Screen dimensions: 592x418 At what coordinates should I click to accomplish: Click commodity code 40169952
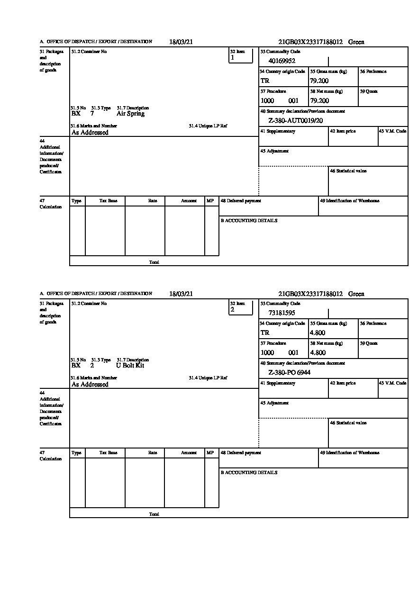[x=282, y=61]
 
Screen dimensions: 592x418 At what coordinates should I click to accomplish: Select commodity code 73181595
[x=282, y=313]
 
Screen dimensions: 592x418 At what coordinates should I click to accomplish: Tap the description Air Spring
[x=130, y=114]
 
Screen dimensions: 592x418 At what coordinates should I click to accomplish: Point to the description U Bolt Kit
[x=130, y=366]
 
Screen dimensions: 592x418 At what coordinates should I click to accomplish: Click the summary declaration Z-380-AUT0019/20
[x=296, y=120]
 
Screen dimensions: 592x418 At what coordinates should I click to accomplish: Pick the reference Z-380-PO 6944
[x=289, y=372]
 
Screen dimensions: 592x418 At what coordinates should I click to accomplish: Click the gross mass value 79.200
[x=319, y=81]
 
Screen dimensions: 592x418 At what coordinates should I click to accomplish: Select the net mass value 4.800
[x=318, y=352]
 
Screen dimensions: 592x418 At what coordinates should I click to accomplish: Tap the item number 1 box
[x=241, y=56]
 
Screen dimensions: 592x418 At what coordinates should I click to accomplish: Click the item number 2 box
[x=241, y=308]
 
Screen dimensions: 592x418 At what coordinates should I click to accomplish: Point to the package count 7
[x=92, y=114]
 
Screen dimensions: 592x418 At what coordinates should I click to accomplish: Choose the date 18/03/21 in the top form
[x=181, y=42]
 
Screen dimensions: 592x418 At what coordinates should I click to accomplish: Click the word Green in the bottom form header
[x=356, y=294]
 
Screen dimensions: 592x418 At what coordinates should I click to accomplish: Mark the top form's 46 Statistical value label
[x=348, y=171]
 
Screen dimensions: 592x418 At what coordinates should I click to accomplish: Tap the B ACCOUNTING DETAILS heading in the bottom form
[x=249, y=473]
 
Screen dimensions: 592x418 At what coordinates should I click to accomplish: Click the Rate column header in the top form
[x=153, y=201]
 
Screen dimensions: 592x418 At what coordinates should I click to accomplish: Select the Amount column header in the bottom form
[x=189, y=453]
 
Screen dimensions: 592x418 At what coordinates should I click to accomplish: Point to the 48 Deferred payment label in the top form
[x=241, y=201]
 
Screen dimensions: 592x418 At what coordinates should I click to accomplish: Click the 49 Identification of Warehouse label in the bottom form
[x=350, y=453]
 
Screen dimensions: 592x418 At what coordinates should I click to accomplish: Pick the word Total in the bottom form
[x=154, y=514]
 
